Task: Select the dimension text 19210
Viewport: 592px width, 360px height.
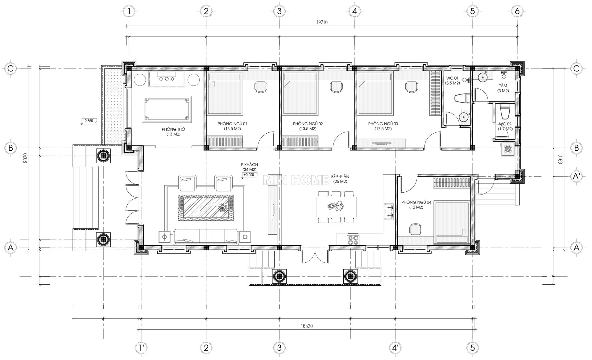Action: point(321,22)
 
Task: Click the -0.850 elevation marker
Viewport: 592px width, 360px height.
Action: point(88,121)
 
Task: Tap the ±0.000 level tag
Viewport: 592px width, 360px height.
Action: point(249,175)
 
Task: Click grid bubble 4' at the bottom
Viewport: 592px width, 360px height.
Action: point(395,348)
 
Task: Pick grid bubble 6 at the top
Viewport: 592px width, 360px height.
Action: point(517,11)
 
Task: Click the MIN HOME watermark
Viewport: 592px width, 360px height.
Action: point(296,180)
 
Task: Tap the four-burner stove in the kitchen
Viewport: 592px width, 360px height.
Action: point(353,240)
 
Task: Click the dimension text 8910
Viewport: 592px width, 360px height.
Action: point(561,159)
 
